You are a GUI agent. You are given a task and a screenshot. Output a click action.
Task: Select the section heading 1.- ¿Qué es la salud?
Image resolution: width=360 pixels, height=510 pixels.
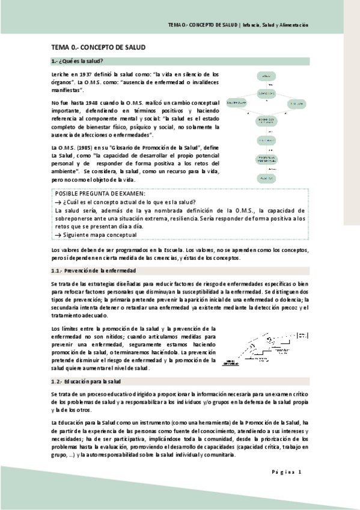click(x=78, y=61)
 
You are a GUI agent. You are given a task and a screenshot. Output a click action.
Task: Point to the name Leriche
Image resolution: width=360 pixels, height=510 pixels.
click(x=61, y=75)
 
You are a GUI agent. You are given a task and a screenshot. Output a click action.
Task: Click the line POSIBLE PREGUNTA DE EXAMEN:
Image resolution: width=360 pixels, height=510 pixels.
click(x=100, y=194)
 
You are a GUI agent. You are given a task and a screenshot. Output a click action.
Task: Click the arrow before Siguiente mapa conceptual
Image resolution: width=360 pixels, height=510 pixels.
click(x=58, y=235)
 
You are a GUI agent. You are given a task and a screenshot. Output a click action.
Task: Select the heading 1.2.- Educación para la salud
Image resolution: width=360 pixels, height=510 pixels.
click(x=87, y=381)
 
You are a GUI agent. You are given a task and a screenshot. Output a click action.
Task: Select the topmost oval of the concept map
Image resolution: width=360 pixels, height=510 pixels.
click(x=264, y=76)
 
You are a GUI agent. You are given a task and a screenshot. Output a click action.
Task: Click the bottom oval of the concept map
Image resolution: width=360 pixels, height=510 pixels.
click(x=264, y=179)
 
